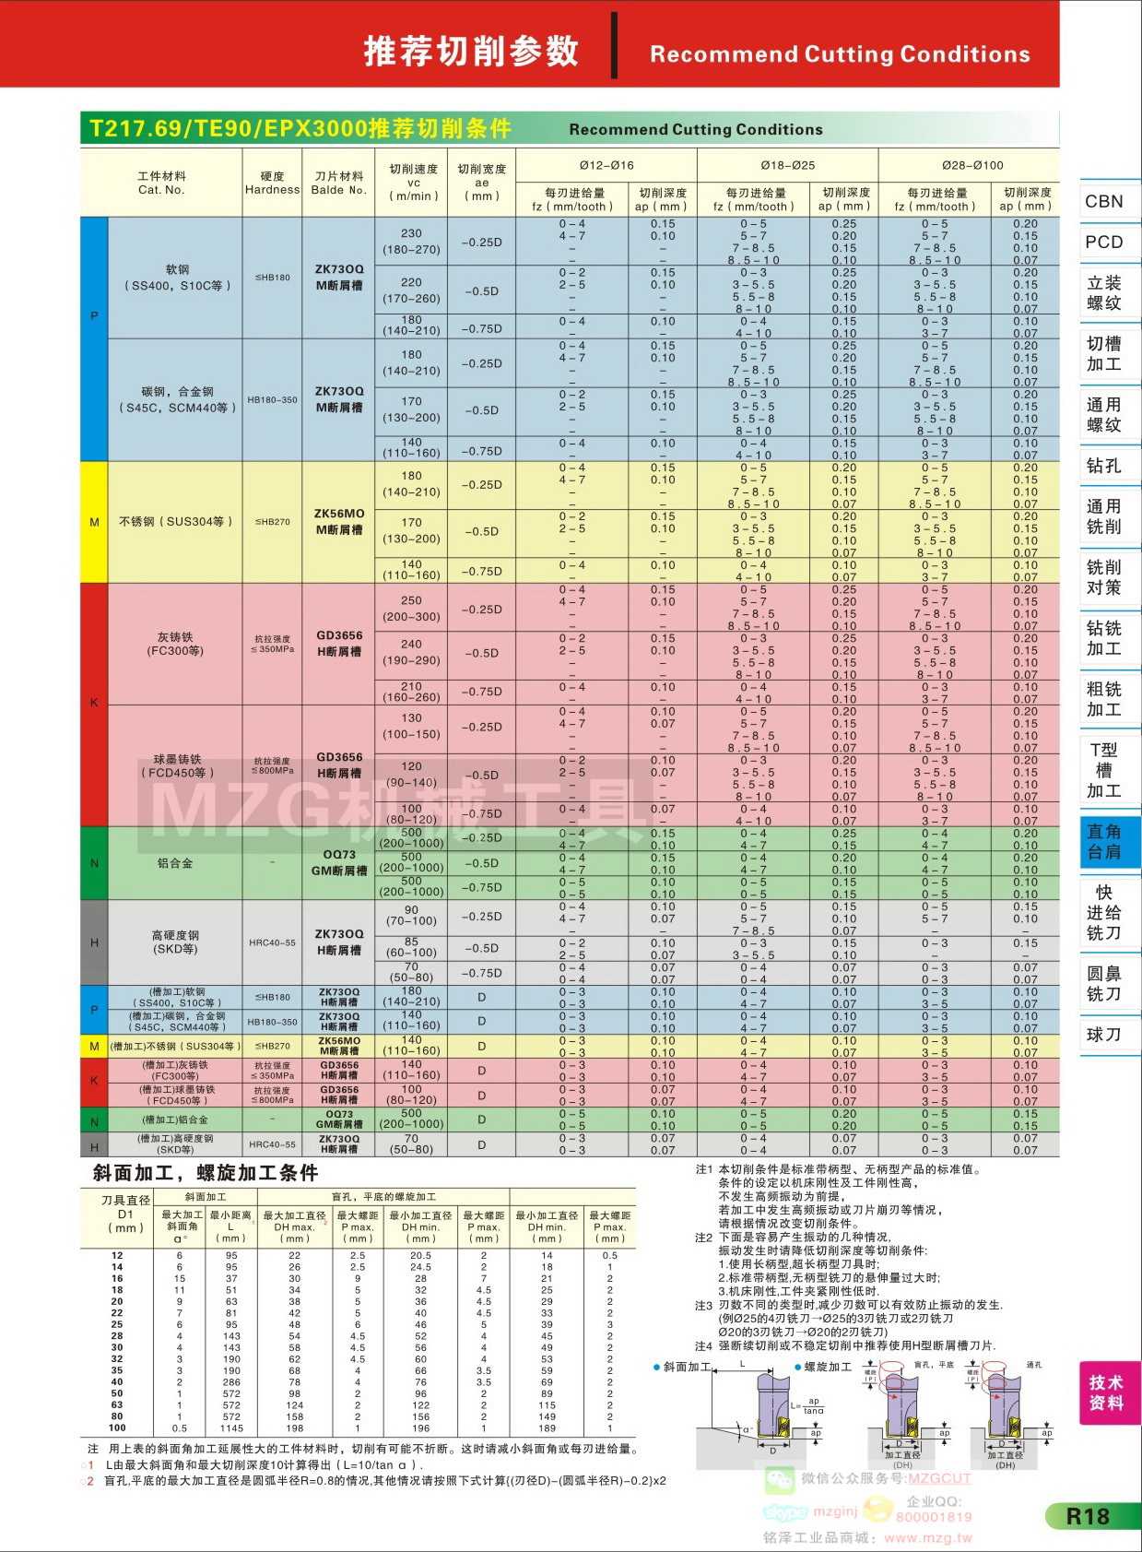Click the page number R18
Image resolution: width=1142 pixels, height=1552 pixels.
click(1088, 1516)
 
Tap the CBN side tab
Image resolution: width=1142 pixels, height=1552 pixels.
click(1103, 201)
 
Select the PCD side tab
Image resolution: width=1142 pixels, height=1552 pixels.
click(1103, 242)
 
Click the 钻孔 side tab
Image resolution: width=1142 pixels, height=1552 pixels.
click(1103, 466)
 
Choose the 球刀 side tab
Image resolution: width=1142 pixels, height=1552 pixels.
click(1103, 1035)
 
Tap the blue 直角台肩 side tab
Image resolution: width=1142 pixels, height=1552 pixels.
click(1103, 841)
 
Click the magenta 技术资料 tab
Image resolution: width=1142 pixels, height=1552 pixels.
click(1105, 1392)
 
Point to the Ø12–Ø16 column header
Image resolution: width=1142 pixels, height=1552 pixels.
click(606, 165)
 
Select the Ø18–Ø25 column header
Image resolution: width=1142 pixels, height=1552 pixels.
click(787, 165)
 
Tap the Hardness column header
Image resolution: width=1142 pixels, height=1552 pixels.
click(272, 183)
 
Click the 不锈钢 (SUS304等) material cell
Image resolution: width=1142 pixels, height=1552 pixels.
click(175, 521)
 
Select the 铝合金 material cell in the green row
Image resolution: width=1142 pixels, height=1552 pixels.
click(175, 863)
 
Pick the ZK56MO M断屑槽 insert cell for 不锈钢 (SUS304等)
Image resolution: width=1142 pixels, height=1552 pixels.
click(339, 521)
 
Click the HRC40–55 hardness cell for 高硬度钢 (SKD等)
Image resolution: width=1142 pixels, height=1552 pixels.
click(272, 942)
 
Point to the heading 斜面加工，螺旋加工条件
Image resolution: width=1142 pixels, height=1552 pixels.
click(206, 1173)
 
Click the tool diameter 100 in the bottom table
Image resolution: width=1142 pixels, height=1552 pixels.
click(117, 1428)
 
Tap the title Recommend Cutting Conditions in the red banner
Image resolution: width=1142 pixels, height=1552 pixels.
click(840, 54)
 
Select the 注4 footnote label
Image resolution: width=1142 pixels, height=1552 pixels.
click(703, 1345)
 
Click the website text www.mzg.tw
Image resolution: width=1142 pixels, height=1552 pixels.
click(927, 1537)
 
